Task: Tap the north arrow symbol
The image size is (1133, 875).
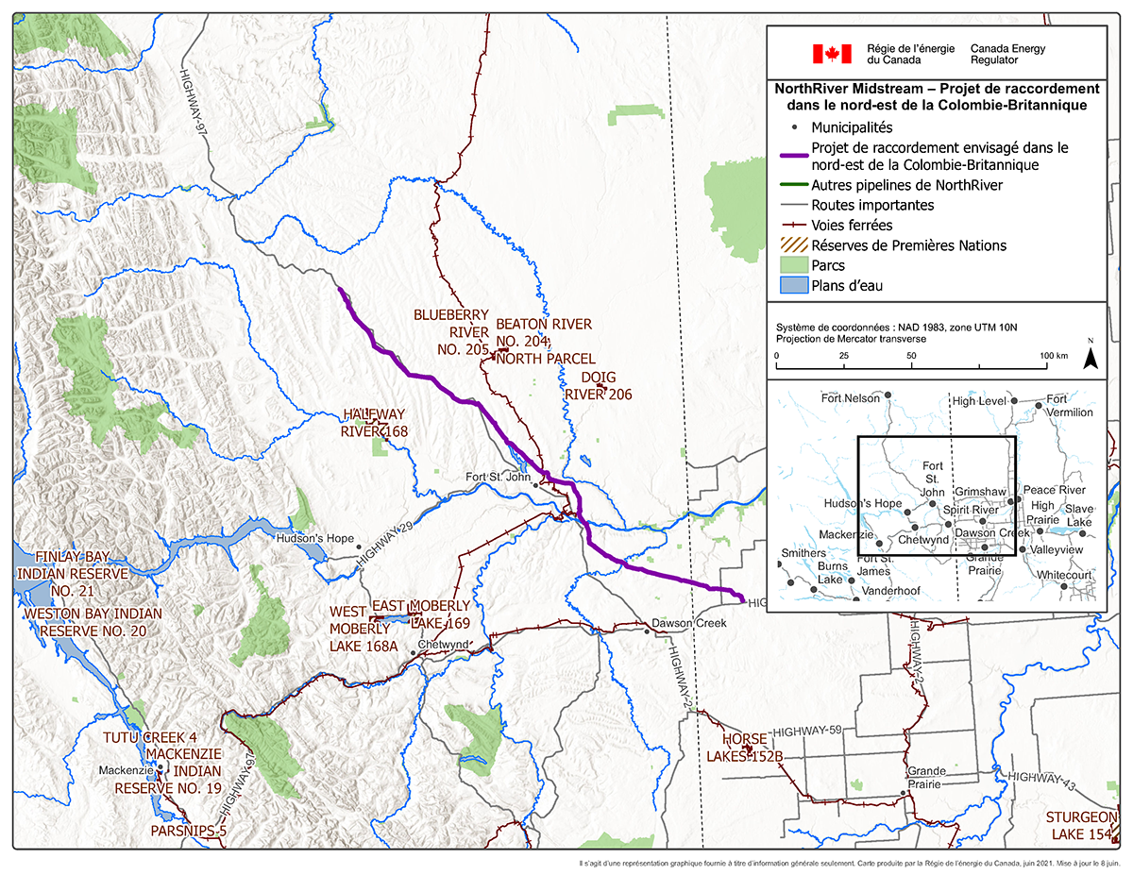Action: (1089, 357)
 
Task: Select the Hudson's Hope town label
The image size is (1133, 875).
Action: (314, 539)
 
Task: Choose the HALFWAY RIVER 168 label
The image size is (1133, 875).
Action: (375, 423)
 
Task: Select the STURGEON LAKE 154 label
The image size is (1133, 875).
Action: (1081, 825)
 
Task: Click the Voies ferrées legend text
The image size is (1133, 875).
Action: (852, 226)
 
